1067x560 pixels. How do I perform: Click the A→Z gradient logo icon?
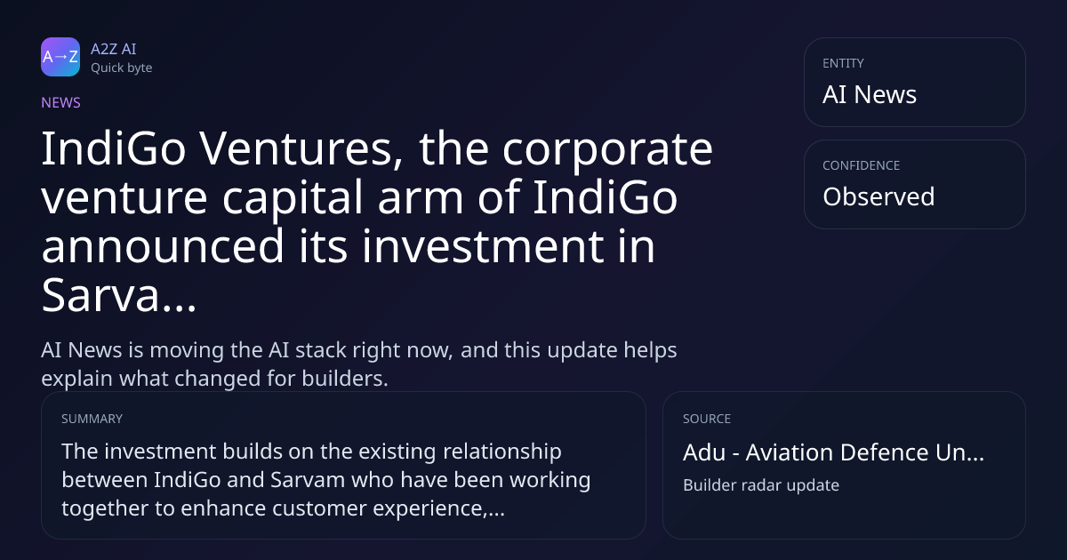[60, 57]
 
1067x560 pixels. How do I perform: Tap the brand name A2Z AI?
[114, 49]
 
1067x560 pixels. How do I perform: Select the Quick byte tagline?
[122, 68]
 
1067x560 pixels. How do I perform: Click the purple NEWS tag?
[61, 102]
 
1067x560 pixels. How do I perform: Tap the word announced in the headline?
[163, 246]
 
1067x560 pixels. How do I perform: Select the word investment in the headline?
[483, 246]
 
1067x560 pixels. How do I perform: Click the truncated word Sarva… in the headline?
[119, 295]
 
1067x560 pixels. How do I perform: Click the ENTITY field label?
[843, 63]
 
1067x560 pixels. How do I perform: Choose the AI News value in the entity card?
[870, 94]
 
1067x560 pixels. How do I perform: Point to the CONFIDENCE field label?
[862, 165]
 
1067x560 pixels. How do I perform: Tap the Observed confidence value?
[878, 196]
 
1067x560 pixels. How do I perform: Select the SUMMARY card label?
[92, 419]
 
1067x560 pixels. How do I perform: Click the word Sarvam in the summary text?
[308, 479]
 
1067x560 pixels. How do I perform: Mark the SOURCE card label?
[706, 419]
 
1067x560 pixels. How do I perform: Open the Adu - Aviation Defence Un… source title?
[833, 452]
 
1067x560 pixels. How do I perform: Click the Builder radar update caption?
[761, 485]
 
